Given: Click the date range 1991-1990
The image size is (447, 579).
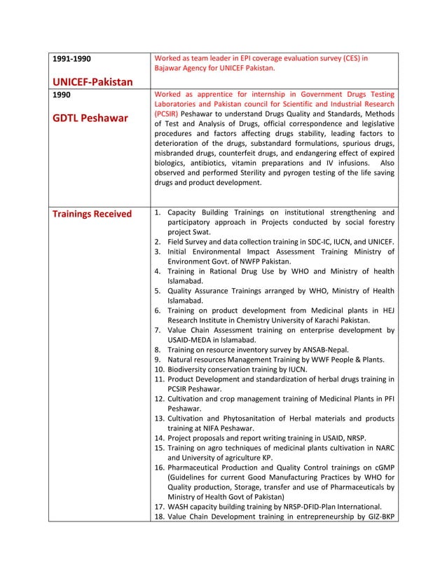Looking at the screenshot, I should (x=72, y=58).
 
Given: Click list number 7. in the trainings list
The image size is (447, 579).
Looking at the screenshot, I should (x=158, y=329).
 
